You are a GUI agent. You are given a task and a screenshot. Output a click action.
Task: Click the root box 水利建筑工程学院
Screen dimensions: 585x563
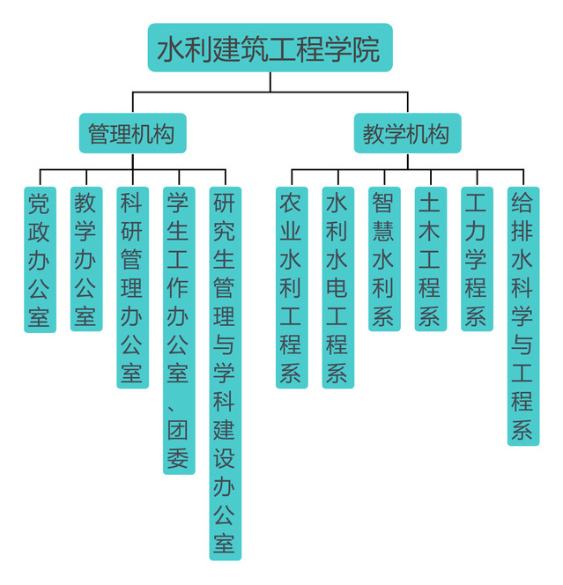tap(269, 48)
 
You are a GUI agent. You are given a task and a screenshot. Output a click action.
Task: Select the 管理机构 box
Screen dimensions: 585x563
tap(131, 134)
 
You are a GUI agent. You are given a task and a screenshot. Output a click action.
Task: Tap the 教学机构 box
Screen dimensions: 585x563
tap(406, 134)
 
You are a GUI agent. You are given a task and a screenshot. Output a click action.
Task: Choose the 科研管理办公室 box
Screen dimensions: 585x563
tap(132, 287)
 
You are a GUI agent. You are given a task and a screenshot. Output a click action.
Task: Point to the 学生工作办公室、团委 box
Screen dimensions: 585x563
tap(178, 330)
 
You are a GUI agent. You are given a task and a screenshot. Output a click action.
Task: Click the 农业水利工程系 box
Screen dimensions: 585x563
tap(291, 287)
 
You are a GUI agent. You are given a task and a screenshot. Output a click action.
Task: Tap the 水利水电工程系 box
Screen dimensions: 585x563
tap(337, 287)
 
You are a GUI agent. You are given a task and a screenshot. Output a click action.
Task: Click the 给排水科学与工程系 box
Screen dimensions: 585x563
tap(522, 315)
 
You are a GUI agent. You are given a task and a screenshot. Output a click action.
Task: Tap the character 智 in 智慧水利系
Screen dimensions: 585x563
tap(383, 204)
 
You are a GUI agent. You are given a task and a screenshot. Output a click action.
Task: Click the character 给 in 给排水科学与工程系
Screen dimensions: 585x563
tap(522, 204)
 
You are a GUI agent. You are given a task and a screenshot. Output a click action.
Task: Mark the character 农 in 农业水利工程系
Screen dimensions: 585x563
tap(291, 204)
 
